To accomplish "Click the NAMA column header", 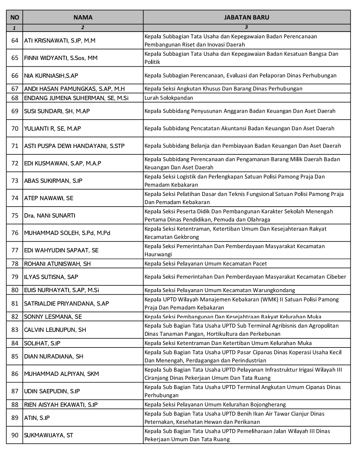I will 83,17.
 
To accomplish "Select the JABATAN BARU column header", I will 246,17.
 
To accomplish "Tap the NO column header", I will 15,17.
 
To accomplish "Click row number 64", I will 15,40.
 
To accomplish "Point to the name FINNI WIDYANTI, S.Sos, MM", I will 61,58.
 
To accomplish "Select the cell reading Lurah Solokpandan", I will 169,98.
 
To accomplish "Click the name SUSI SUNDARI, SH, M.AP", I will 57,111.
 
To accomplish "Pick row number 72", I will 15,163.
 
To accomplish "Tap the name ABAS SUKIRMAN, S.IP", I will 53,181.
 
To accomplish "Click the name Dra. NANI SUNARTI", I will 50,215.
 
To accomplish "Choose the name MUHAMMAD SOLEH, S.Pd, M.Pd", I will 67,233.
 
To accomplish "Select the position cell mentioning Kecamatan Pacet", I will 206,263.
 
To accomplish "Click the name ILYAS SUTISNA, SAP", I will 51,277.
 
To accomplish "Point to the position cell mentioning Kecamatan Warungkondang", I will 220,290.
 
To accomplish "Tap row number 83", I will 15,330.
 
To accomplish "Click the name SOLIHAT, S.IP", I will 42,343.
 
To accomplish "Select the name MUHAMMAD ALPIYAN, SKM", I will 61,374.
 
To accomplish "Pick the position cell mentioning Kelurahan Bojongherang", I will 215,404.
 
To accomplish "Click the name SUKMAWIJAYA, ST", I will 49,435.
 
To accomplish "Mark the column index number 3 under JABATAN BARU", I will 246,27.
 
